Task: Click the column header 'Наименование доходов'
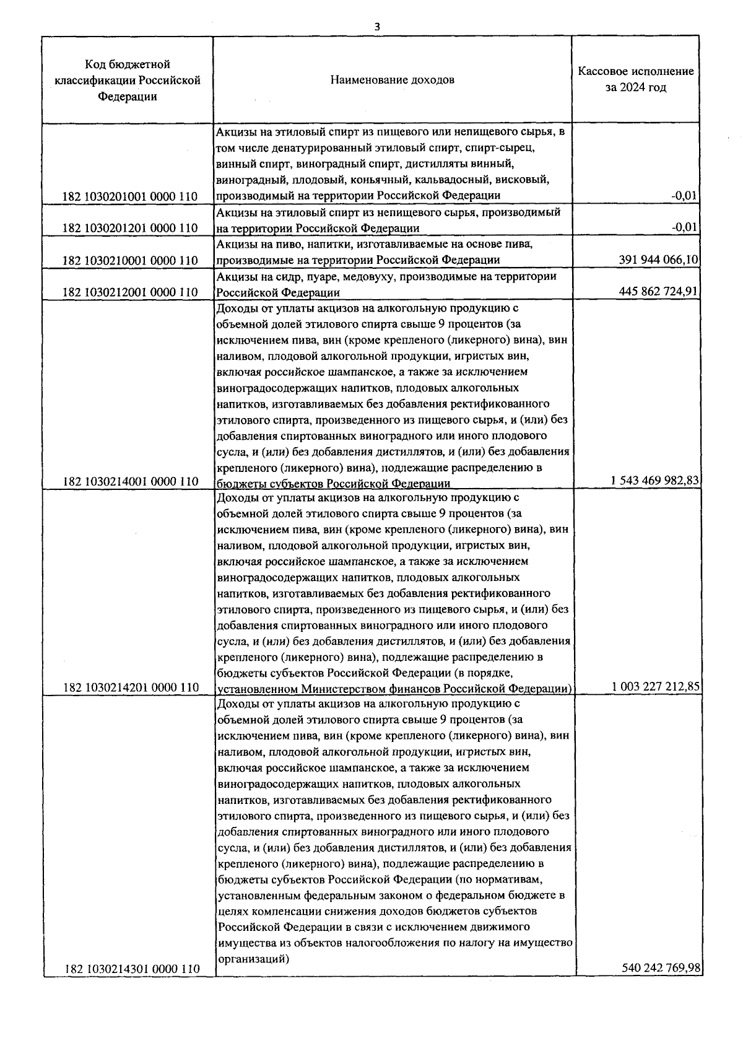392,80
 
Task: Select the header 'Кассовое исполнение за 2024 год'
636,79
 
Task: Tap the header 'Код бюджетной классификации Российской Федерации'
128,80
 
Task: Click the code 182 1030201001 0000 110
130,196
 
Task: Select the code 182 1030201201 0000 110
130,228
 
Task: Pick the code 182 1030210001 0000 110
130,260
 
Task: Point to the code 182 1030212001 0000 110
130,292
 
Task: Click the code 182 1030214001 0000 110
130,481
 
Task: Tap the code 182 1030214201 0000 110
130,687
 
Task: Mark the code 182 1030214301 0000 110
131,968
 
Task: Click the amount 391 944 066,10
659,260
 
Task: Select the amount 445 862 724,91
659,292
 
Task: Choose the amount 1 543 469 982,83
655,481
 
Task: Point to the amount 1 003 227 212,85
656,687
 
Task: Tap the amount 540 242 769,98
660,967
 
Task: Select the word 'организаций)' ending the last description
253,959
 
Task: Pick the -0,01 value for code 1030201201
685,228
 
